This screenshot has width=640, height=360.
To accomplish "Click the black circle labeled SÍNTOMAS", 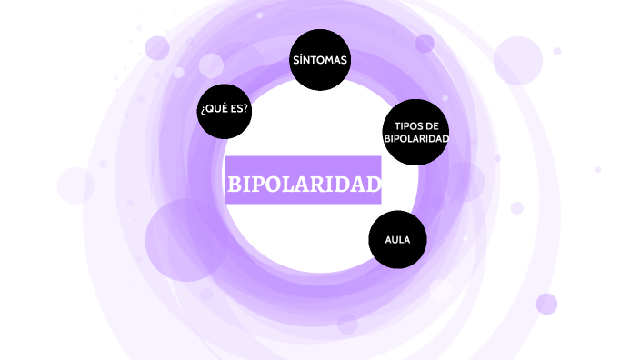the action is pyautogui.click(x=319, y=60).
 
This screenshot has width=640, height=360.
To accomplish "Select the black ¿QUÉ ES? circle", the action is pyautogui.click(x=224, y=109).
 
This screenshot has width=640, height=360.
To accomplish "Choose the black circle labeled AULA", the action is pyautogui.click(x=397, y=240).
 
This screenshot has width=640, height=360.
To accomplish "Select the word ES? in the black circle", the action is pyautogui.click(x=239, y=109).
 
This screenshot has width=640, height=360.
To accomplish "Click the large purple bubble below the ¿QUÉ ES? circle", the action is pyautogui.click(x=185, y=240).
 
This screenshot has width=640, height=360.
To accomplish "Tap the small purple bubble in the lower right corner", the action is pyautogui.click(x=546, y=304).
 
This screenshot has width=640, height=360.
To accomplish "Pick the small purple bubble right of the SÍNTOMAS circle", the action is pyautogui.click(x=425, y=44).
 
